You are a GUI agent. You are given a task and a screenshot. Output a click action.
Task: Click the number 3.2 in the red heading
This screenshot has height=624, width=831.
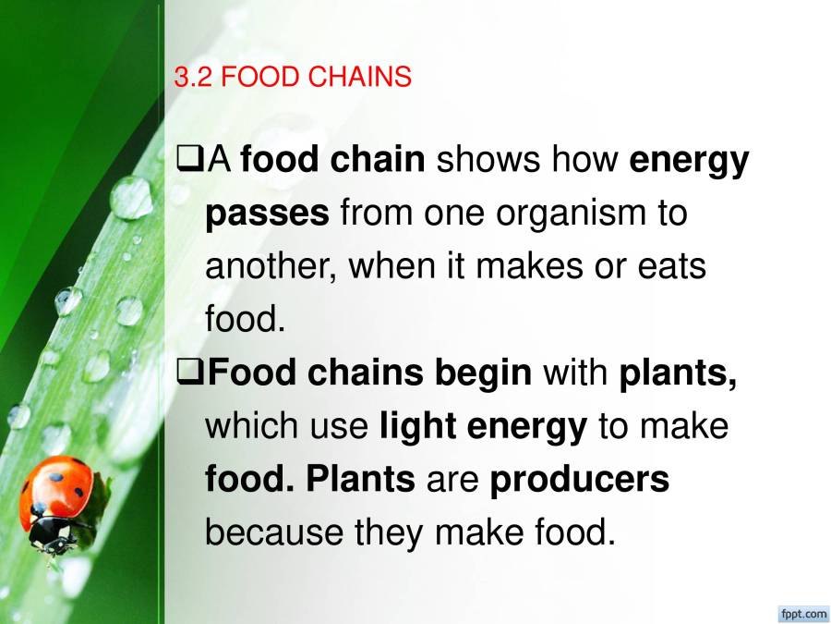point(193,77)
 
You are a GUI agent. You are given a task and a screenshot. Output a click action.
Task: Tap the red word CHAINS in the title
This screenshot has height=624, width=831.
point(360,77)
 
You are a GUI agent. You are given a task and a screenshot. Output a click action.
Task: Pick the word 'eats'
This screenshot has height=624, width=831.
point(671,266)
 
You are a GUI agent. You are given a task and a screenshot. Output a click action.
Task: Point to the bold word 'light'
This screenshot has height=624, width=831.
point(418,426)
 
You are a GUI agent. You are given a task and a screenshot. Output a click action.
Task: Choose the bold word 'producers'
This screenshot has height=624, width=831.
point(579,480)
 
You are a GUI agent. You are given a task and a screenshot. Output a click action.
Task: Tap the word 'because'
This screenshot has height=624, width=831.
point(273,532)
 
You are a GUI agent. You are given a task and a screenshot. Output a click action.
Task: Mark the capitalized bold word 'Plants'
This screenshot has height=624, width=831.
point(360,479)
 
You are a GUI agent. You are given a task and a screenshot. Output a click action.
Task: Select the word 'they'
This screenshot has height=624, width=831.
point(389,532)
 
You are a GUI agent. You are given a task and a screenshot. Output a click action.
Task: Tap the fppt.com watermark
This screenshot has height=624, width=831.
point(803,614)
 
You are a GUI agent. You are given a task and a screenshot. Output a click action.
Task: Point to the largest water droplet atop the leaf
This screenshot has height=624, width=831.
point(131,198)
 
